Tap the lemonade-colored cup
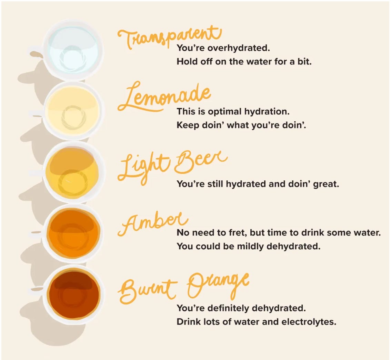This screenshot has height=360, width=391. coord(73,111)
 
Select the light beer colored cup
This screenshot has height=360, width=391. coord(73,172)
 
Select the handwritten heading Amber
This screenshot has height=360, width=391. coord(153,223)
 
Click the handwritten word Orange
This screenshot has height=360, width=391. coord(218,286)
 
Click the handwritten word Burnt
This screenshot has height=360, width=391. coord(148,291)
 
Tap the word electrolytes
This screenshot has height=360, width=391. coord(309,322)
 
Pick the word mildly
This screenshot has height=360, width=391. coord(250,247)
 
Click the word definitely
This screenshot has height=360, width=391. coord(226,308)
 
